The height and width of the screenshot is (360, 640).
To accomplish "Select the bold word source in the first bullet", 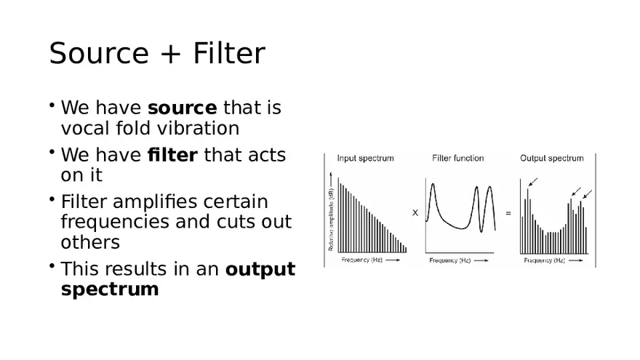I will coord(182,108).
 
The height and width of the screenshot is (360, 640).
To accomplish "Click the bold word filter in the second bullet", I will coord(172,155).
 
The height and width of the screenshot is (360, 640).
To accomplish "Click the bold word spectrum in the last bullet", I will coord(110,289).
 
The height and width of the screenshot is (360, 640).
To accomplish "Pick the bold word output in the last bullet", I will coord(260,269).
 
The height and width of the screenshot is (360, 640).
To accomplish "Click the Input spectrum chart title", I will coord(365,158).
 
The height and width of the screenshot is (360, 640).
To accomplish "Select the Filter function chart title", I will coord(457,158).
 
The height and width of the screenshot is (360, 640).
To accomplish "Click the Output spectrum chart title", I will coord(551,158).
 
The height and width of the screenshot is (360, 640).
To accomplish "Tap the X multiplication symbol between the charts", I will coord(415,213).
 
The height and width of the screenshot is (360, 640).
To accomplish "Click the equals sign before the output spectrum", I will coord(508,213).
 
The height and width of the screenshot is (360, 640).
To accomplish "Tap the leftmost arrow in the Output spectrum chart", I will coord(534,181).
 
